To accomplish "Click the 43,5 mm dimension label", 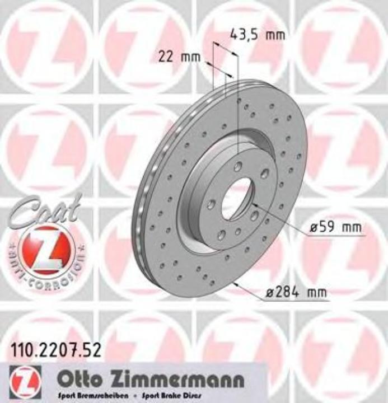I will (x=258, y=35).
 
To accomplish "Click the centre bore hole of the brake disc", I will (x=238, y=199).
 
